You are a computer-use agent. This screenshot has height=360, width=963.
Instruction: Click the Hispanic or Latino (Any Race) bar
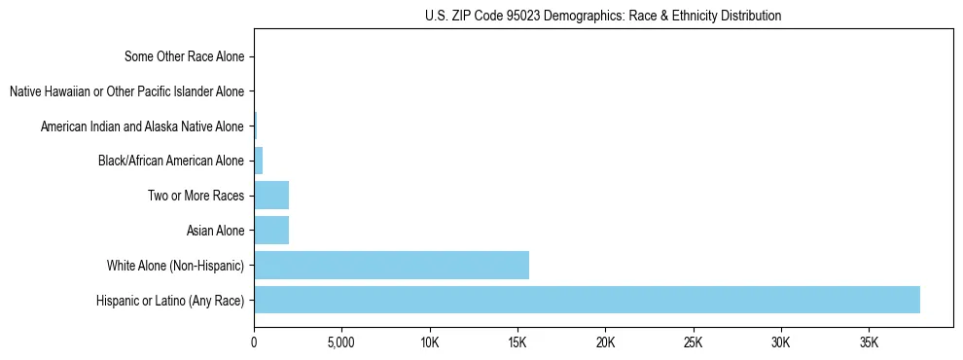(587, 300)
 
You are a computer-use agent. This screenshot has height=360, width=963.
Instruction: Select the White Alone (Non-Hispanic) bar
(391, 266)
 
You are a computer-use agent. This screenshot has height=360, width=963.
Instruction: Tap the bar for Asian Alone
(271, 231)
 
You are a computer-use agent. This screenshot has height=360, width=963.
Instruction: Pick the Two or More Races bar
(271, 196)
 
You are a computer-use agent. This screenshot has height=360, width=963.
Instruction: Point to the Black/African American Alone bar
(259, 161)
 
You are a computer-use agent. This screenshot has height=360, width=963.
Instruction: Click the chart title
(603, 16)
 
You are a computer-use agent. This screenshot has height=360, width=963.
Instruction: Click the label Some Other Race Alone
(185, 56)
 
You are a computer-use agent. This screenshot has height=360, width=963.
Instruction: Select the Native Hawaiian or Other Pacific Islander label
(126, 91)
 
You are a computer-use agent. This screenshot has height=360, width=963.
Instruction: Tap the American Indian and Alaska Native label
(142, 126)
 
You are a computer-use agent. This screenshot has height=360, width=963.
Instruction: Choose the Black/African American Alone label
(171, 161)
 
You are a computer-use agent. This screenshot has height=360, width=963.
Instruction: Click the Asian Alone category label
(215, 231)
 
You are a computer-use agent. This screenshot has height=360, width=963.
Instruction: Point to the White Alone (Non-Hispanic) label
(176, 266)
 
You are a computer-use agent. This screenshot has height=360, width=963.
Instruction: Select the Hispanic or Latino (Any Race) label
(170, 300)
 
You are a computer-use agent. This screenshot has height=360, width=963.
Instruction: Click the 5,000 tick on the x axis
(341, 343)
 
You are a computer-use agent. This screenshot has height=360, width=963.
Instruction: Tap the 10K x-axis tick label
(430, 343)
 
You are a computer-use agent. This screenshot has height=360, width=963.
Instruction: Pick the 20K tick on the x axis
(605, 343)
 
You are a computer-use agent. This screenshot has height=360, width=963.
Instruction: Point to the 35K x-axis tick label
(869, 343)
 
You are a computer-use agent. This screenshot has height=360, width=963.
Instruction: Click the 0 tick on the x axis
(254, 343)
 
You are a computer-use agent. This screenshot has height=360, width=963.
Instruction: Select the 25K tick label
(694, 343)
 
